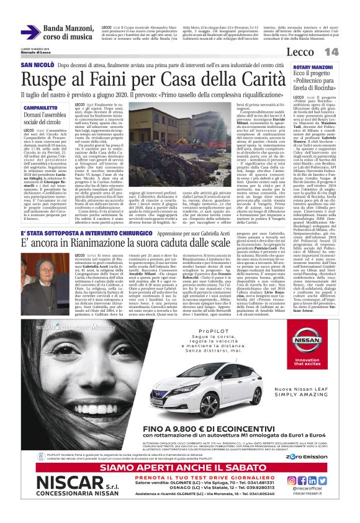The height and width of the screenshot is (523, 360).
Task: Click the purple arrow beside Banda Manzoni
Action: [x=30, y=32]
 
